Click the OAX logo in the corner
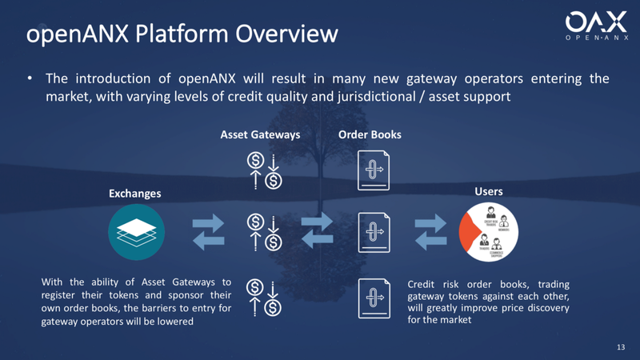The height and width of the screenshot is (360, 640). [595, 27]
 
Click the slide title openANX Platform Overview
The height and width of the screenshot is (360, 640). [182, 34]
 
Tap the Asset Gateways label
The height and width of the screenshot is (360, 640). [260, 134]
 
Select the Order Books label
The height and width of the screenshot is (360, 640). [370, 134]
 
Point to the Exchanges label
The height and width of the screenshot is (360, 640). [134, 194]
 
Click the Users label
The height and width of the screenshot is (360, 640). [489, 191]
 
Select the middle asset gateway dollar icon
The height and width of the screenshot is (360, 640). [265, 232]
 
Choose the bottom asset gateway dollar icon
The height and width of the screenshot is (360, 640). [265, 296]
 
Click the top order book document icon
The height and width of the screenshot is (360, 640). [374, 170]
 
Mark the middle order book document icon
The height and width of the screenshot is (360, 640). [374, 233]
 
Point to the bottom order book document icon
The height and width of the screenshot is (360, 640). [374, 298]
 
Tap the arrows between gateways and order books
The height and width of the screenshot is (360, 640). [317, 231]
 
